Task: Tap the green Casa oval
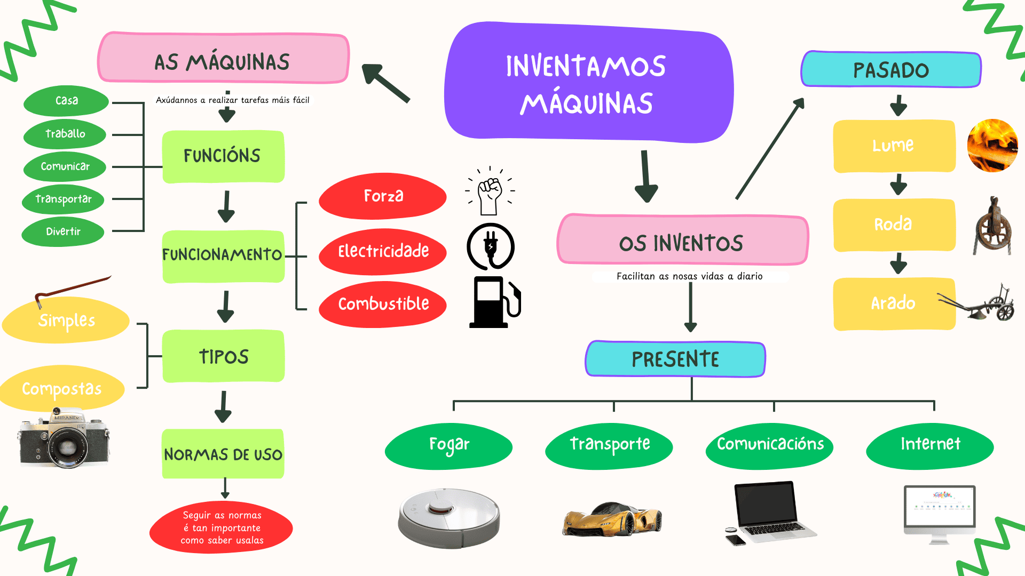click(66, 101)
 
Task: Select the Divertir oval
click(63, 231)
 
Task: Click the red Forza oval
click(383, 196)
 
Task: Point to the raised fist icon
click(490, 192)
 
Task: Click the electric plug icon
click(491, 246)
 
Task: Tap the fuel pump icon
click(494, 302)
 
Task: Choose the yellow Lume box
click(894, 146)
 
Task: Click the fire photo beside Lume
click(992, 146)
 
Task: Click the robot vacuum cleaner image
click(449, 517)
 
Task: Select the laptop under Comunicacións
click(769, 512)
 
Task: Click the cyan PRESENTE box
click(675, 359)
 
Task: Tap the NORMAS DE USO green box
click(223, 454)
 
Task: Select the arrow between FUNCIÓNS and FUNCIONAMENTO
click(226, 206)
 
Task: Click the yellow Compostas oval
click(62, 388)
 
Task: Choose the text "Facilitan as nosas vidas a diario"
click(689, 276)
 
